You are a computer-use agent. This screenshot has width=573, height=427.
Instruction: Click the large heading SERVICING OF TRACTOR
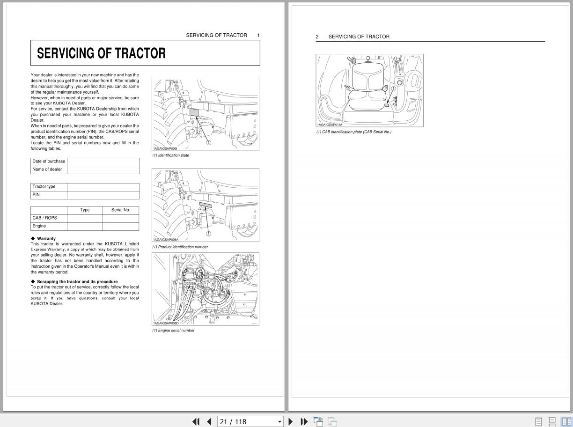(101, 53)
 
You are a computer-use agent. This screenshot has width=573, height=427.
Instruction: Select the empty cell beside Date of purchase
(103, 162)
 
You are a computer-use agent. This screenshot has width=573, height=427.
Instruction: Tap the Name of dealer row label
(47, 169)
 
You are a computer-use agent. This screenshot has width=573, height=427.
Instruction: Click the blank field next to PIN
(103, 195)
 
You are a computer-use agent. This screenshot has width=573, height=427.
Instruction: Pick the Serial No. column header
(121, 210)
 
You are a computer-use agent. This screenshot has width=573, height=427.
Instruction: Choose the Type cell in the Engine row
(85, 226)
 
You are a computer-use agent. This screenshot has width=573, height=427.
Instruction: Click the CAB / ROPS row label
(45, 218)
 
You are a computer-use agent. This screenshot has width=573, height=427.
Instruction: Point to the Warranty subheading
(46, 239)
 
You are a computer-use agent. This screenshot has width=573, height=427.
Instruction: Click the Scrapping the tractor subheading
(77, 282)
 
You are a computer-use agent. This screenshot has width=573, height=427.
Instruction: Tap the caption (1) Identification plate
(171, 155)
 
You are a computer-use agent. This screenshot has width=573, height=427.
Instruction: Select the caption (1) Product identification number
(180, 247)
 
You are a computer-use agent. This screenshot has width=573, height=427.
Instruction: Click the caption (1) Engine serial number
(173, 331)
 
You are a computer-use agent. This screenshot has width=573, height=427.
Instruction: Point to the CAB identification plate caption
(354, 132)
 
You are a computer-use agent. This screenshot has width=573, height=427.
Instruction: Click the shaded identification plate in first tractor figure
(194, 112)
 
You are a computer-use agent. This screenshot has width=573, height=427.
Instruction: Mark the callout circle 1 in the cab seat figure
(393, 88)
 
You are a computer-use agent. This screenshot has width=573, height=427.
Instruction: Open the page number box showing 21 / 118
(250, 421)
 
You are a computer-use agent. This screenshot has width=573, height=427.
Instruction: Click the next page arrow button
(290, 421)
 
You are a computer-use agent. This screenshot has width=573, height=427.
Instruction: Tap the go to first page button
(196, 421)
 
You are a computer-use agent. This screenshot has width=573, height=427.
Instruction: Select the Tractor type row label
(44, 187)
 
